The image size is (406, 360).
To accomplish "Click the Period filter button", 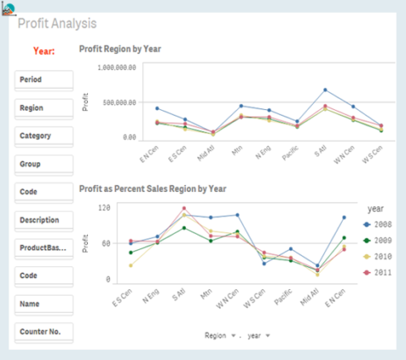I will point(44,79).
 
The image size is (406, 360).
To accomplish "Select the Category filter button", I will point(44,135).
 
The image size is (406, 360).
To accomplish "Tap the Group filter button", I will point(44,163).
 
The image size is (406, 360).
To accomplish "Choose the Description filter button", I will point(44,220).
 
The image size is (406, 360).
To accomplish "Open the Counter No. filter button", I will point(44,330).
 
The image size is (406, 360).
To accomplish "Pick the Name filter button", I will point(44,303).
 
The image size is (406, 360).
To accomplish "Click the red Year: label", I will point(44,51).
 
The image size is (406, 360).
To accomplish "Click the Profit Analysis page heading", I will point(57,24).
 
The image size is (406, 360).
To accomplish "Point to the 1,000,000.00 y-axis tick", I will point(118,67).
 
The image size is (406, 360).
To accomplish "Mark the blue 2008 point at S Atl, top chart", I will point(325,90).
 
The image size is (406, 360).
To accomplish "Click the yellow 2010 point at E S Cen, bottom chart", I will point(130,265).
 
